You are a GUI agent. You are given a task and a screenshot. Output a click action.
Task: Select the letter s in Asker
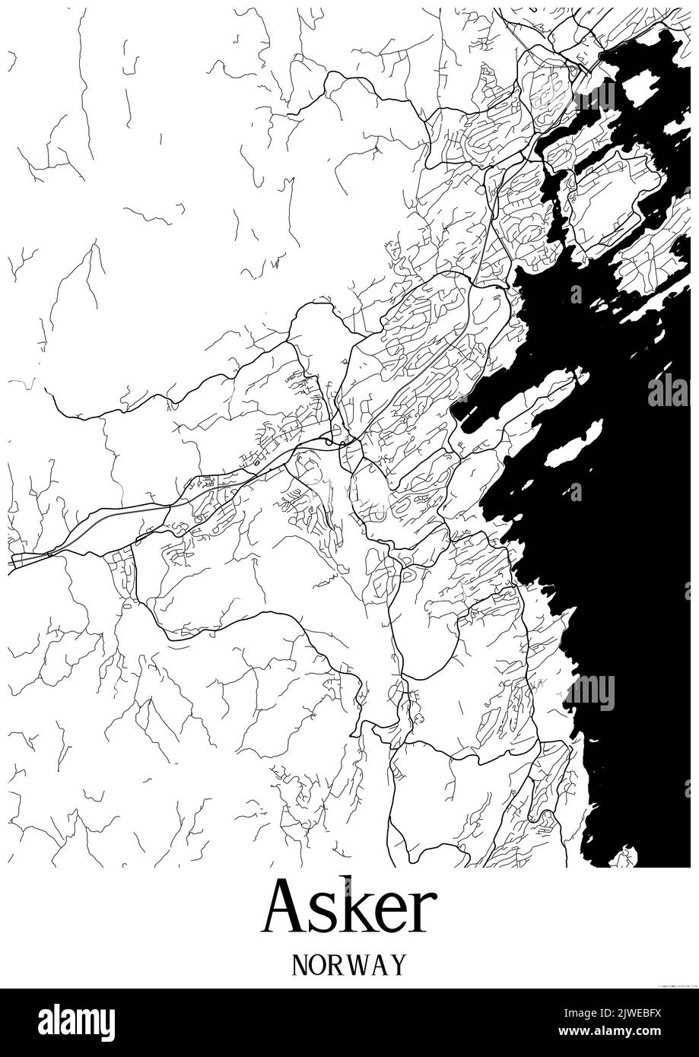tap(326, 913)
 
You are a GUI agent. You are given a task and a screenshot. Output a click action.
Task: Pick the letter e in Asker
tap(392, 913)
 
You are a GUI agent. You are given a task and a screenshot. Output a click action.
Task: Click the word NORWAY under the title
tap(349, 964)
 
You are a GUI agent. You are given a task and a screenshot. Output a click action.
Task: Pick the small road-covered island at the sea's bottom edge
tap(624, 858)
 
